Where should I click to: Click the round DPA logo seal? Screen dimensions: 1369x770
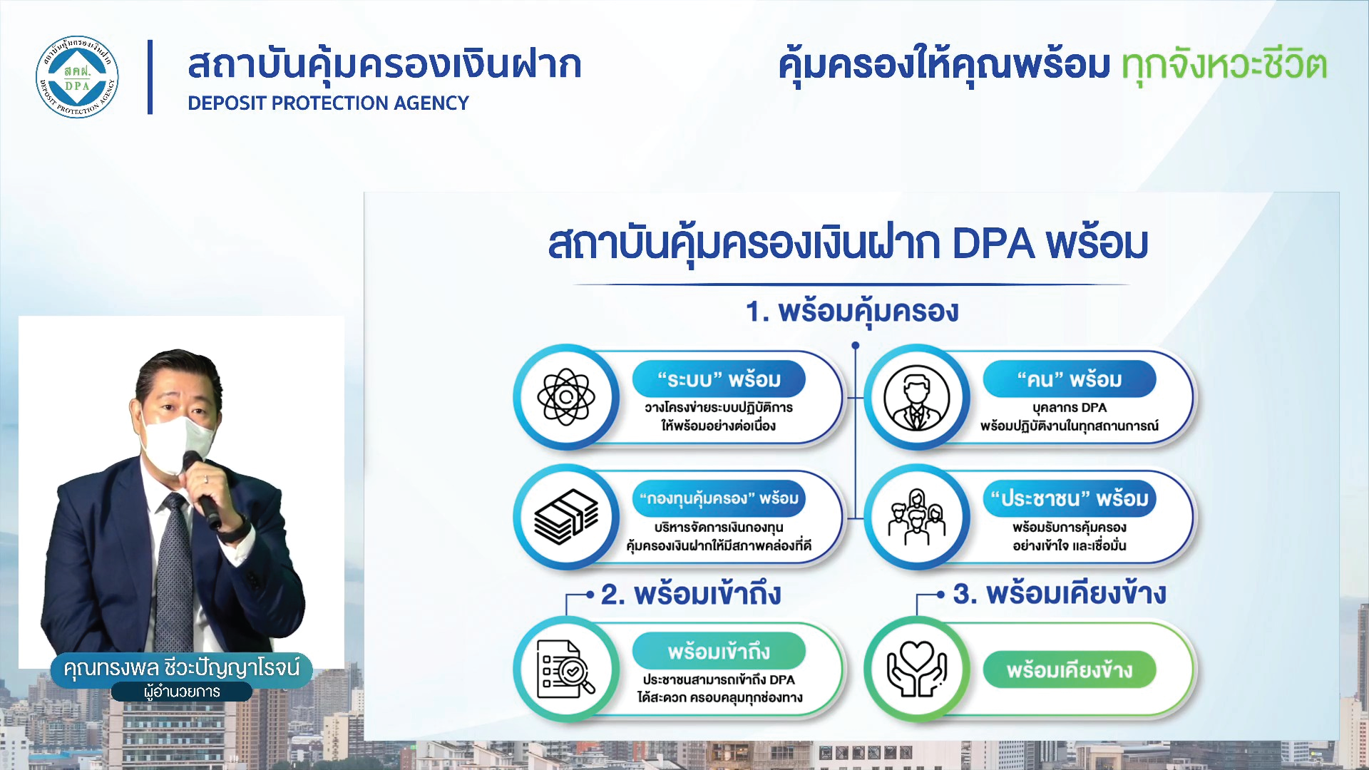[x=77, y=77]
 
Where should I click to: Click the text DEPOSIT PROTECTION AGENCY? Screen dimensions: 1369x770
[x=328, y=103]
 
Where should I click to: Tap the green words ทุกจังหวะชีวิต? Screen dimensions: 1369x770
[x=1224, y=65]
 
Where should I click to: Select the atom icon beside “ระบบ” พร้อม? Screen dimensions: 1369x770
[x=566, y=397]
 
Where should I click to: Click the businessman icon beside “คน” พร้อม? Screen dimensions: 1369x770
[x=917, y=397]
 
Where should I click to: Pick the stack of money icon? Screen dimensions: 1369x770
[x=566, y=517]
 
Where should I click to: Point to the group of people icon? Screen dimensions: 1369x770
[x=917, y=517]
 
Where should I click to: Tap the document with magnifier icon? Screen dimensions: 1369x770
[x=566, y=669]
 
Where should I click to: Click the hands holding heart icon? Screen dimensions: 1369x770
[x=917, y=669]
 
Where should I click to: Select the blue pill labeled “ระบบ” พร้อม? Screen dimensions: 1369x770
[x=719, y=379]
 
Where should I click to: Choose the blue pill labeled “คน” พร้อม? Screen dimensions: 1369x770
[x=1070, y=379]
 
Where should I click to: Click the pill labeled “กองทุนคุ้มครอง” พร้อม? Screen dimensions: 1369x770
[x=719, y=498]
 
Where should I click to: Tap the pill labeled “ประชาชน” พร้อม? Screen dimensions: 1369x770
[x=1070, y=498]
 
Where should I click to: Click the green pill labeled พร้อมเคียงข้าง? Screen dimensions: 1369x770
[x=1070, y=670]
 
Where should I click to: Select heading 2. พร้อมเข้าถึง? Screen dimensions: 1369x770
[x=691, y=594]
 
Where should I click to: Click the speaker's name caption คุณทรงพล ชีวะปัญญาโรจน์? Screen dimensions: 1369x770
[x=182, y=669]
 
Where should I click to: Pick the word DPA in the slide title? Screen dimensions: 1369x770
[x=993, y=244]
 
